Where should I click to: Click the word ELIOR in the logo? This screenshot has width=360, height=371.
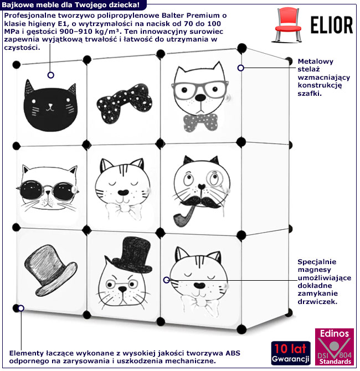[332, 25]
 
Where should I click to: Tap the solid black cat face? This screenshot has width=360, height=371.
[50, 106]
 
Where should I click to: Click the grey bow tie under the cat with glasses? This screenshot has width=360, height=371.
[200, 122]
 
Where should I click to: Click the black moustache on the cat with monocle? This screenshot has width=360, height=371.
[200, 202]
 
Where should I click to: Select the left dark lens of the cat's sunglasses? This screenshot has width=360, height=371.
[32, 189]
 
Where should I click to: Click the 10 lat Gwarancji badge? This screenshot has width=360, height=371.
[290, 353]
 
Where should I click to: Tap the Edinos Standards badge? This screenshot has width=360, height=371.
[334, 347]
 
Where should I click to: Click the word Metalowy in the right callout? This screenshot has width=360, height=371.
[316, 61]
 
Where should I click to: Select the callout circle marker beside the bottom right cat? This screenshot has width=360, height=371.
[166, 280]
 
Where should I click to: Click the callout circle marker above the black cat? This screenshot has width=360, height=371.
[50, 75]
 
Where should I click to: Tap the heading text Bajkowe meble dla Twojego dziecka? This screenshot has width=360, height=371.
[71, 5]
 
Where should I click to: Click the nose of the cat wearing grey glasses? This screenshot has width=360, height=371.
[200, 97]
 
